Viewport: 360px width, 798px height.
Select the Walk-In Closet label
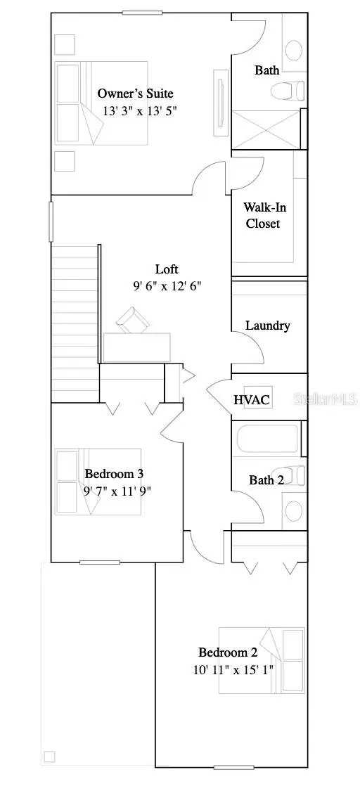(x=262, y=215)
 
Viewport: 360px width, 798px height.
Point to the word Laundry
(x=267, y=326)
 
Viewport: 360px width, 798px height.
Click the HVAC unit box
(x=251, y=399)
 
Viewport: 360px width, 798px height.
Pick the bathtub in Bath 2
(x=267, y=439)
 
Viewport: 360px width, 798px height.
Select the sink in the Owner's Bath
(x=294, y=49)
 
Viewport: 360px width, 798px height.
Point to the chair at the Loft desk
(x=134, y=319)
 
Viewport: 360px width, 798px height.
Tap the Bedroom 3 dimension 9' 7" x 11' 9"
(x=117, y=491)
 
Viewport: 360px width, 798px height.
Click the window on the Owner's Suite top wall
(x=143, y=12)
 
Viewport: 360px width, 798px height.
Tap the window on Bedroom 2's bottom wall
(x=234, y=767)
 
